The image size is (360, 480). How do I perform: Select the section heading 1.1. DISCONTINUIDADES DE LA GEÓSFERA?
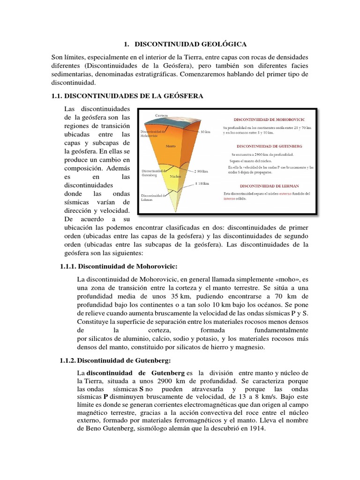click(x=127, y=96)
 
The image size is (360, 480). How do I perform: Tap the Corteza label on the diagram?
click(x=161, y=115)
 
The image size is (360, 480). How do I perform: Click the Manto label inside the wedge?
click(x=170, y=146)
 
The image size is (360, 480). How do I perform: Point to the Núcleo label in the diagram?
click(x=176, y=177)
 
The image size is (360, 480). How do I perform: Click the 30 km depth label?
click(x=205, y=132)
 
